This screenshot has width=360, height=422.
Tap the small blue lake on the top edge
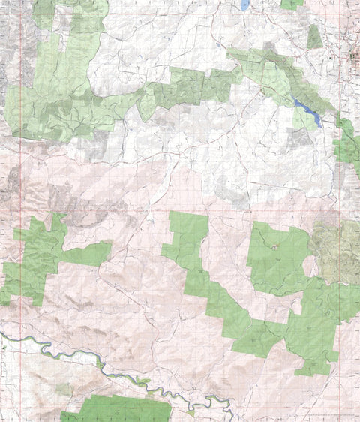(245, 4)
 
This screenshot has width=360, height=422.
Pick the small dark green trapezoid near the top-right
(314, 38)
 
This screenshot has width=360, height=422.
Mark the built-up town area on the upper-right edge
(354, 56)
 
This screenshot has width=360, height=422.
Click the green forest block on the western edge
(34, 255)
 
